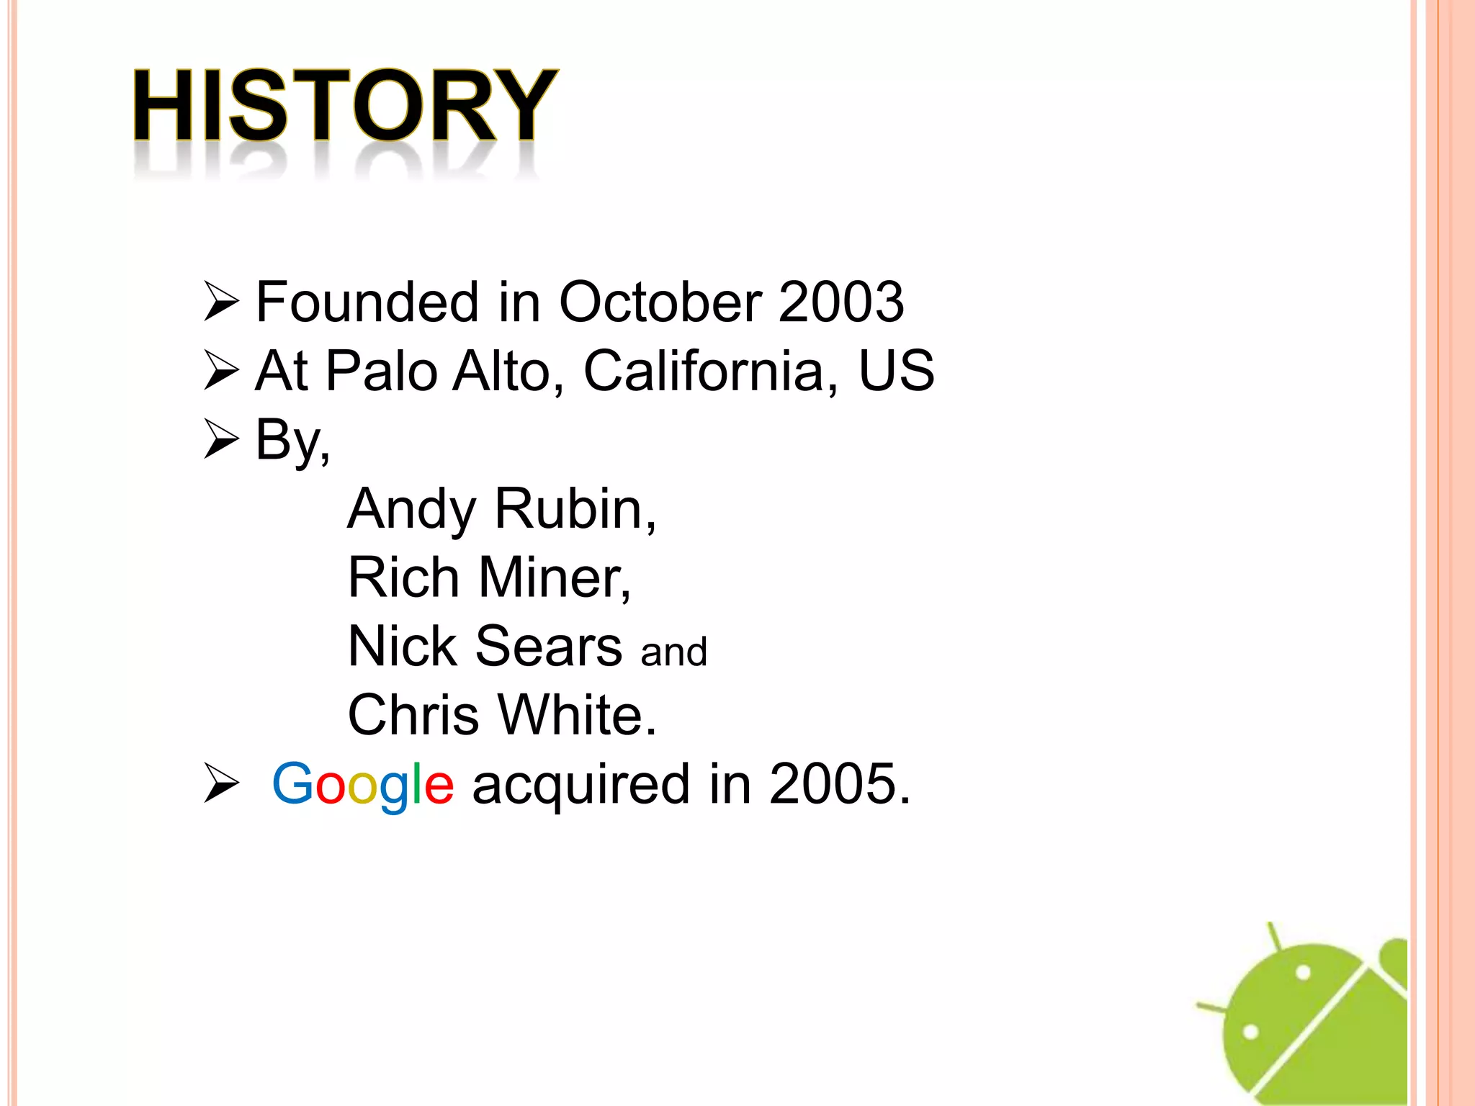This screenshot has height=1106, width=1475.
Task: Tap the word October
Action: pyautogui.click(x=660, y=302)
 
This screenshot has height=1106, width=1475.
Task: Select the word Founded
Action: pyautogui.click(x=367, y=302)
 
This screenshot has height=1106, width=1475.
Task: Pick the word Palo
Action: pyautogui.click(x=382, y=371)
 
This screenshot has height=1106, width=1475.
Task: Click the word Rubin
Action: pyautogui.click(x=575, y=509)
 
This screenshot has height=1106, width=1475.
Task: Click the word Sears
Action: pyautogui.click(x=549, y=647)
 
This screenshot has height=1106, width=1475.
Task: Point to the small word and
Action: pyautogui.click(x=674, y=652)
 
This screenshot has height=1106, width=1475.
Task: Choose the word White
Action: pyautogui.click(x=577, y=715)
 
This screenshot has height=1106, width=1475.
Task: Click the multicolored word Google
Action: pyautogui.click(x=363, y=785)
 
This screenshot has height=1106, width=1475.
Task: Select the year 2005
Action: pyautogui.click(x=838, y=784)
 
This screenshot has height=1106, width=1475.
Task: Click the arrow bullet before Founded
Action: pyautogui.click(x=221, y=302)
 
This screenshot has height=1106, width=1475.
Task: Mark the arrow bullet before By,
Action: pyautogui.click(x=221, y=439)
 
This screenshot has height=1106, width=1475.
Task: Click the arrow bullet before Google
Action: pyautogui.click(x=221, y=783)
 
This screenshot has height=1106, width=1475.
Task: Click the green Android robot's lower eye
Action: pyautogui.click(x=1251, y=1032)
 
